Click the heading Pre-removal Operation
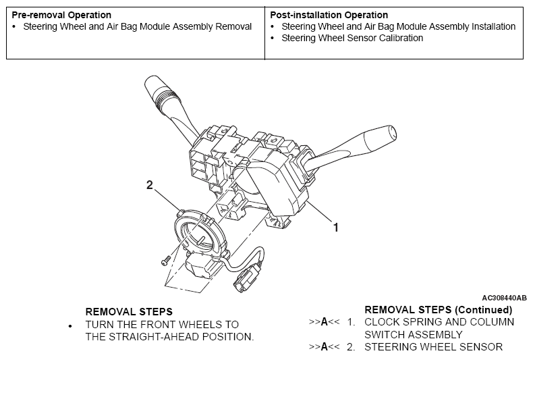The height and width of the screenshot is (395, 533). click(x=61, y=15)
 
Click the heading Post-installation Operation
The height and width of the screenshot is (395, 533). click(x=329, y=15)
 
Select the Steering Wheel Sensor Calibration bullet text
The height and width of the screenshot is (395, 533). click(x=352, y=38)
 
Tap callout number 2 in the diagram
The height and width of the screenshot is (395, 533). click(x=149, y=185)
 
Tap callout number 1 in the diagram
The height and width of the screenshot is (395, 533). click(x=335, y=228)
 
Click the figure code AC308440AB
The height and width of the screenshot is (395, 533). click(x=504, y=297)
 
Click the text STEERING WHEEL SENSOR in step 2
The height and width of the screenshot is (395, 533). click(x=433, y=347)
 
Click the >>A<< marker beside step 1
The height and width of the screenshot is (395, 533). click(x=323, y=322)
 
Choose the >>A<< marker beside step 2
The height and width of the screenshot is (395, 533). click(x=323, y=347)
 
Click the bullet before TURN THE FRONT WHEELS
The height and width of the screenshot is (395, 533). click(x=71, y=326)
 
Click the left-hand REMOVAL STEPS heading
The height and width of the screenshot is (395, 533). click(x=129, y=312)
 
